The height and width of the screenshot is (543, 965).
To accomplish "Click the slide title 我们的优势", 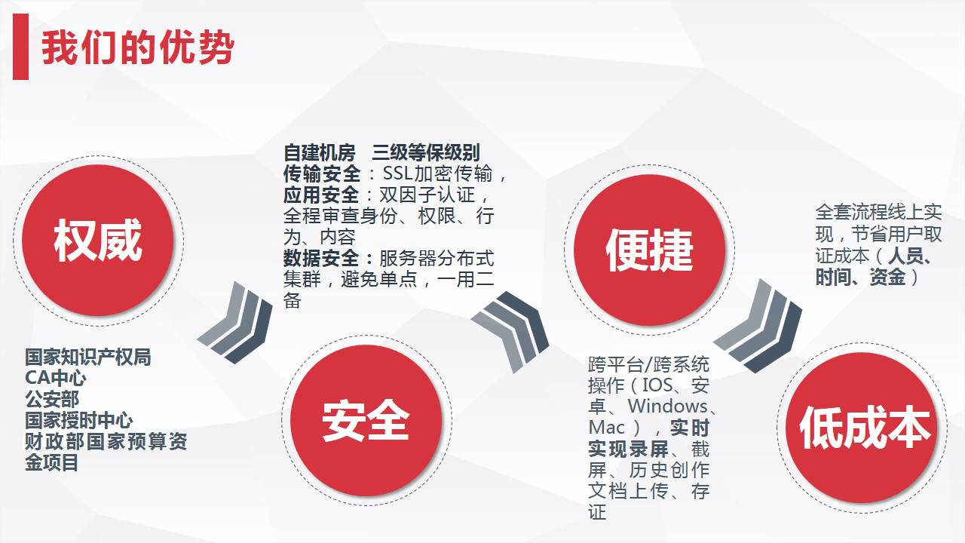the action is pos(138,48).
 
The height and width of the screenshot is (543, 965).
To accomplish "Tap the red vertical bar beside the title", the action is pos(20,47).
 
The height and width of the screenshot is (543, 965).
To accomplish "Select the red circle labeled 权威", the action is pos(98,241).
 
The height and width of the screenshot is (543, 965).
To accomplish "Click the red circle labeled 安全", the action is pos(366,420).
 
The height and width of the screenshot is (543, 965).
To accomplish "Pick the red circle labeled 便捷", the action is pos(649,250).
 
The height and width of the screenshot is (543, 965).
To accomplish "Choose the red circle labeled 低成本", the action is pos(862,428).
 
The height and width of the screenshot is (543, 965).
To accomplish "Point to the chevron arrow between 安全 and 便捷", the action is pos(510,331).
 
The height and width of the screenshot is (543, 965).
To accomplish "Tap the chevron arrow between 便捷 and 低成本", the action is pos(758,326).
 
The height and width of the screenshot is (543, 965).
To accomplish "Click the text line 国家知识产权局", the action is pos(88,357).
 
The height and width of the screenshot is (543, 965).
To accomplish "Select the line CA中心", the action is pos(56,378).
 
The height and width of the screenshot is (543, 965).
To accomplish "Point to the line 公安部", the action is pos(52,399).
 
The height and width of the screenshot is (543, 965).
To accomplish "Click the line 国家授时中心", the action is pos(79,420).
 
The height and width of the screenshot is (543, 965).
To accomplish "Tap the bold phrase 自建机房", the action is pos(319,152).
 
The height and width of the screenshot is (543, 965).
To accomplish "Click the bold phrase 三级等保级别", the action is pos(426,152).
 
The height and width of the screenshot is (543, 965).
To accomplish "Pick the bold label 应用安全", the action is pos(321,195).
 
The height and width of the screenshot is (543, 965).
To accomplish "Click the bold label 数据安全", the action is pos(321,259).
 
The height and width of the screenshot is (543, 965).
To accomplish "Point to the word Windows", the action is pos(667,406).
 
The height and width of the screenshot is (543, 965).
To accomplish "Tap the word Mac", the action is pos(607,428).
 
